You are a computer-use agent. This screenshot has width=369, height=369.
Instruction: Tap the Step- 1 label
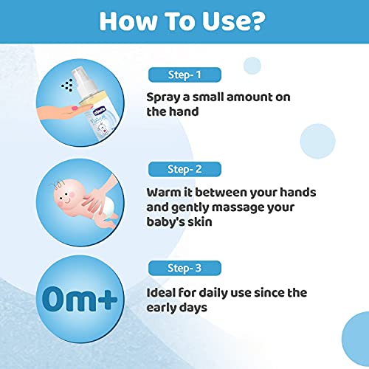tap(184, 75)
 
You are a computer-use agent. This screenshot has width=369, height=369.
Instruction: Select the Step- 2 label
tap(184, 169)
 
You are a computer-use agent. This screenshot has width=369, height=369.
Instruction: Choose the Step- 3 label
tap(184, 268)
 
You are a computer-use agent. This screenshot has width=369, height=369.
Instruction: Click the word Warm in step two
tap(164, 192)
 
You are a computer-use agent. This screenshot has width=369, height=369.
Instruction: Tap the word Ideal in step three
tap(160, 292)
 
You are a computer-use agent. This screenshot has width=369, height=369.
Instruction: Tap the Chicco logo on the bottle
tap(99, 111)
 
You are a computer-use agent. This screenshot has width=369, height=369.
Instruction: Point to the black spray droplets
tap(67, 85)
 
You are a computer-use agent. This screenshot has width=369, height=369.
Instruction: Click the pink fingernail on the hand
tap(75, 108)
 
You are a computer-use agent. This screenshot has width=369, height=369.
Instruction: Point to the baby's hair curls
tap(57, 184)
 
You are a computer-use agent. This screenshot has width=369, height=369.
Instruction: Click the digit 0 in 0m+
tap(53, 299)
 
